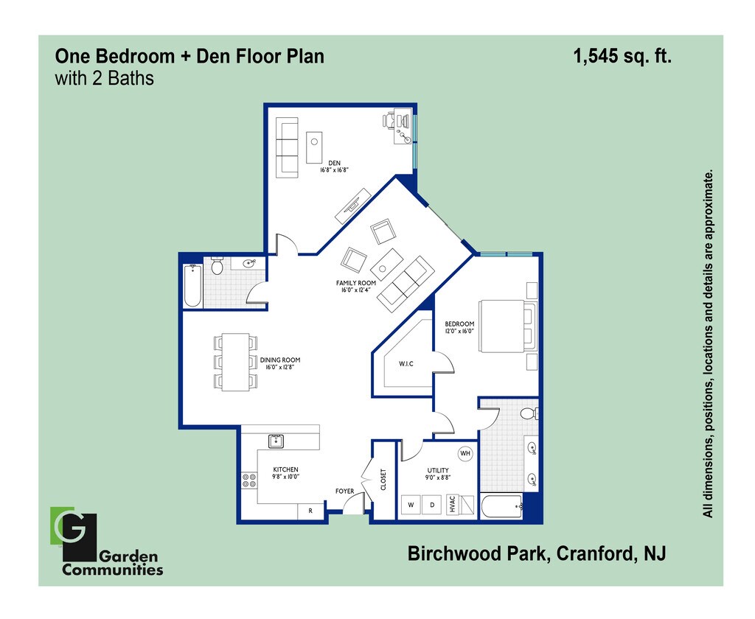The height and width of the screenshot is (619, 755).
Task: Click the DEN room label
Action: click(x=333, y=163)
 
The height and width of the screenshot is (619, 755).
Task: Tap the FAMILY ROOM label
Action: click(x=356, y=283)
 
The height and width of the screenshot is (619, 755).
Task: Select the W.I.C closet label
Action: click(x=406, y=363)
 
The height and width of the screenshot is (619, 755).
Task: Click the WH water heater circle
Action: click(x=465, y=454)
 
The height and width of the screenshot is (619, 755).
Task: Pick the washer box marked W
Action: click(x=411, y=506)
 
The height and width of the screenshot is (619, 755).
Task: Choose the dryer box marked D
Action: click(x=433, y=506)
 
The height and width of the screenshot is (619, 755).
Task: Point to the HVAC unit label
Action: click(x=452, y=505)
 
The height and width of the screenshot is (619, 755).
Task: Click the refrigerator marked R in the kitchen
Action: click(x=310, y=511)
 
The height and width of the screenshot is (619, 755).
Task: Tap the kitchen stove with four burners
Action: click(x=249, y=480)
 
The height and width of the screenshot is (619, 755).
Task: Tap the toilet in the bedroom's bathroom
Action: click(x=529, y=414)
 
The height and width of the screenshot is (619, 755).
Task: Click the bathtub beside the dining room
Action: click(x=192, y=287)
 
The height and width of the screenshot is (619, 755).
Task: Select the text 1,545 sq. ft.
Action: click(x=623, y=57)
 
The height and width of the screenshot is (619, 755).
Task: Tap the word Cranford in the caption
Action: click(x=593, y=553)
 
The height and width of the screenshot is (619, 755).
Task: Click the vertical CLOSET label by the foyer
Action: click(x=383, y=480)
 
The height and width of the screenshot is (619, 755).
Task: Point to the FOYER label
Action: click(x=345, y=491)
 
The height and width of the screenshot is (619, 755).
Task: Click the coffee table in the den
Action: click(x=314, y=147)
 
